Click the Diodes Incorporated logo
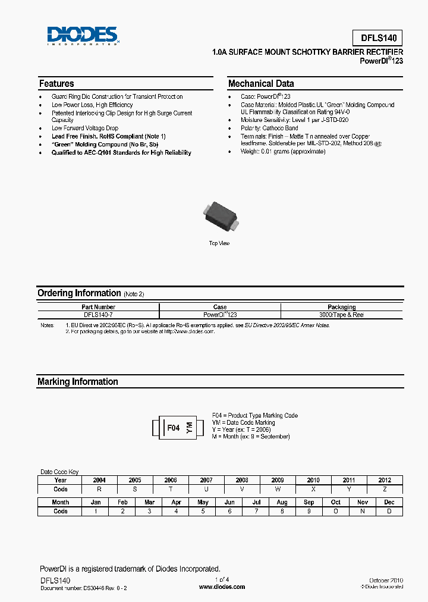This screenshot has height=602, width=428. pos(83,36)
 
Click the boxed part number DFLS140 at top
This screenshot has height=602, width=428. pos(377,38)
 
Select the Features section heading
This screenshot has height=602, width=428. pos(56,84)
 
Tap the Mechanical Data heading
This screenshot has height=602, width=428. pos(261,84)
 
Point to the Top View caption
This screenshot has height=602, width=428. pos(219,243)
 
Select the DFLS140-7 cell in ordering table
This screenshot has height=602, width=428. pos(99,315)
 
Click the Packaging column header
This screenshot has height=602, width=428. pos(341,307)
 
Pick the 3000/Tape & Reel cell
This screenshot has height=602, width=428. pos(341,315)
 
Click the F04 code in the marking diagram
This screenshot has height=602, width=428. pos(173,428)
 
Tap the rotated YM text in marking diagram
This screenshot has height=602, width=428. pos(190,428)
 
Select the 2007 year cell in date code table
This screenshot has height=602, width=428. pos(206,480)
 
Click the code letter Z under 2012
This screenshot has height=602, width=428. pos(385,489)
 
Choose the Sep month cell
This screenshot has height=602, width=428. pos(309,502)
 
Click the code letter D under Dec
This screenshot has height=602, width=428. pos(389,511)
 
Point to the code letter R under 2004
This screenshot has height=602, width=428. pos(99,489)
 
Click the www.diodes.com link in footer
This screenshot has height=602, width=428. pos(222,587)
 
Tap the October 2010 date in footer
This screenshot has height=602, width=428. pos(386,579)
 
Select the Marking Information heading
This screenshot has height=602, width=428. pos(78,382)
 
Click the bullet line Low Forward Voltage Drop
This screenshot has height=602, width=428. pos(85,128)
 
